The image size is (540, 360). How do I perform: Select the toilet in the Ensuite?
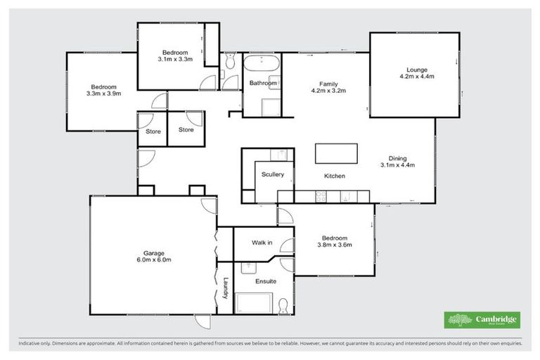[x=283, y=306]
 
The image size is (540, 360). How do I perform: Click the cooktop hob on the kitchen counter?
[x=322, y=198]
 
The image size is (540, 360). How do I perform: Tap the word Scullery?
[x=271, y=174]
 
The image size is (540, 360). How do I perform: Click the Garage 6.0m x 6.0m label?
[x=154, y=256]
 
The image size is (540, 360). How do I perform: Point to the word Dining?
[x=398, y=159]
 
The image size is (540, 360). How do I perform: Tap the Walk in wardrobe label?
[x=262, y=243]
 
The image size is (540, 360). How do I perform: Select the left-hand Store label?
[x=153, y=131]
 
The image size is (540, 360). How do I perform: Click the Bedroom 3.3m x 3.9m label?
[x=104, y=89]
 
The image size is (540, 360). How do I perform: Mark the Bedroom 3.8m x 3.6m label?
[x=336, y=241]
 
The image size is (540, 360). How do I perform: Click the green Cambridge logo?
[x=482, y=320]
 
